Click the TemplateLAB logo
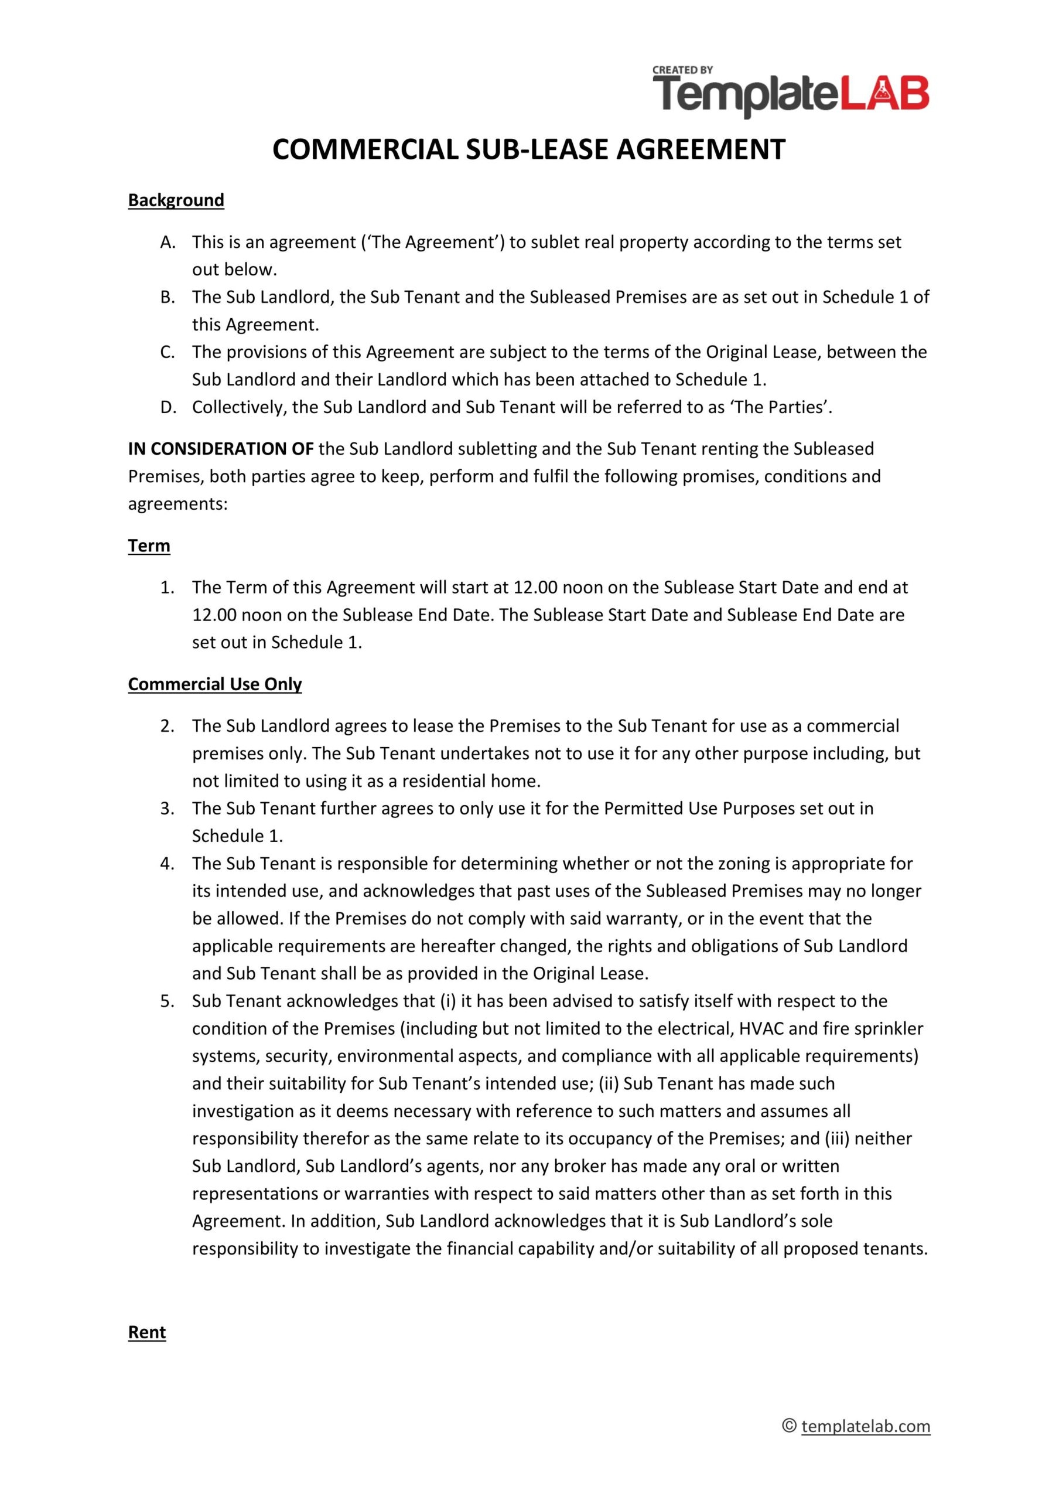(x=790, y=93)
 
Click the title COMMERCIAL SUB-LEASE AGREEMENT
(x=529, y=149)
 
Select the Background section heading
(x=176, y=200)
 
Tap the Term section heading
(x=149, y=546)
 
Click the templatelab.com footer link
(x=865, y=1426)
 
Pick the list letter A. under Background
(x=168, y=243)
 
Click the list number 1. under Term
(x=167, y=587)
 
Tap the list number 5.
(x=167, y=1001)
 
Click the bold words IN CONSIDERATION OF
(x=221, y=449)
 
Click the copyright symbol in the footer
(x=789, y=1426)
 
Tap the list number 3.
(x=167, y=809)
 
